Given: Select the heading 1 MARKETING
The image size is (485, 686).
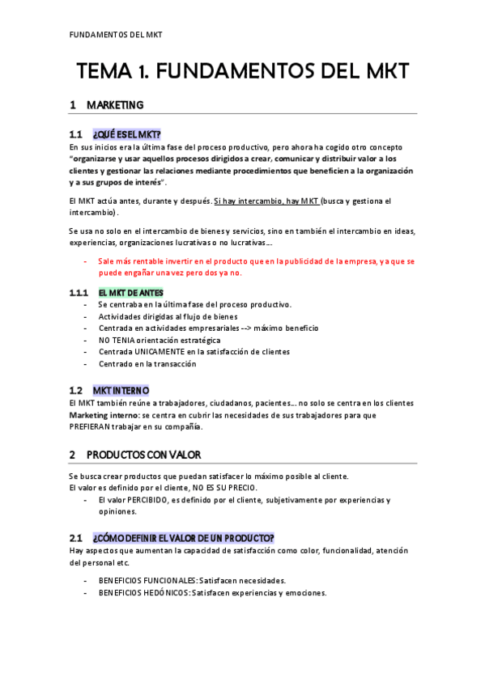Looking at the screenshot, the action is pyautogui.click(x=107, y=105).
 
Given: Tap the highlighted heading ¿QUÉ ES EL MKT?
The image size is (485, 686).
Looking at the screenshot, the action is pyautogui.click(x=126, y=134).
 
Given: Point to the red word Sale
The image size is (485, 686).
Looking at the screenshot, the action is pyautogui.click(x=108, y=261).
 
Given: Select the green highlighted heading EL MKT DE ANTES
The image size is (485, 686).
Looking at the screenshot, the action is pyautogui.click(x=130, y=292).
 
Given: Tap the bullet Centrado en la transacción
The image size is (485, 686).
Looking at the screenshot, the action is pyautogui.click(x=147, y=364).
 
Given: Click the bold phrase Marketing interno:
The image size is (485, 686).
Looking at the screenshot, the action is pyautogui.click(x=104, y=415).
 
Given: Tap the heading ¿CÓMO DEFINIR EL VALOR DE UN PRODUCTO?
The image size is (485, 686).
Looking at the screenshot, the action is pyautogui.click(x=183, y=538).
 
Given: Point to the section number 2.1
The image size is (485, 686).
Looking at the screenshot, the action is pyautogui.click(x=75, y=538).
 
